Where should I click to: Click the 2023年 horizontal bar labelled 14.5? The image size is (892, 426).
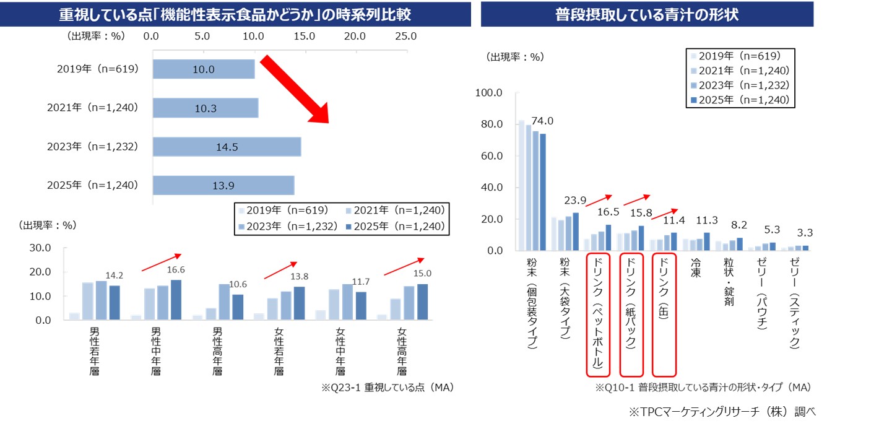click(227, 147)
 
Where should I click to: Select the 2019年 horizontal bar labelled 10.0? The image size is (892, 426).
click(204, 69)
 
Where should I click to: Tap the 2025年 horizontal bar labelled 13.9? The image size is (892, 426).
click(223, 185)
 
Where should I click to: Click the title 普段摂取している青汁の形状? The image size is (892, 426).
click(647, 14)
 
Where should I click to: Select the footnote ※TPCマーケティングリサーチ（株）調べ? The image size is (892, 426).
click(724, 412)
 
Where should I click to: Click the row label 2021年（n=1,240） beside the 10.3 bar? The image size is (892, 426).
click(92, 108)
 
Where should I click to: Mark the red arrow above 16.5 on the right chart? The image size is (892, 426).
click(597, 199)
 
